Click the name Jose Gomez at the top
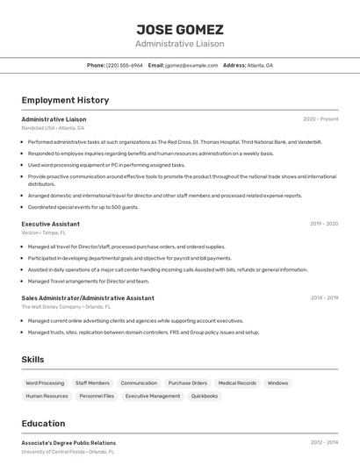click(179, 30)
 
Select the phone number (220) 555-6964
click(124, 65)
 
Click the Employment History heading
click(65, 100)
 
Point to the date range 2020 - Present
click(320, 119)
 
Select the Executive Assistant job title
click(51, 224)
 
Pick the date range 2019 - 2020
click(324, 224)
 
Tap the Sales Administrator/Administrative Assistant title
click(88, 298)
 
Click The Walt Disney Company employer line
click(66, 307)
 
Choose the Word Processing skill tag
click(45, 383)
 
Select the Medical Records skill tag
click(237, 383)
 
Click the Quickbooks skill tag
click(205, 396)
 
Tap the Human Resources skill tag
click(47, 396)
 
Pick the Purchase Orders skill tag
click(187, 383)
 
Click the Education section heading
click(43, 423)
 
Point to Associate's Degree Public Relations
click(68, 443)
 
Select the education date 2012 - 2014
click(324, 443)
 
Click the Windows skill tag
click(277, 383)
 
